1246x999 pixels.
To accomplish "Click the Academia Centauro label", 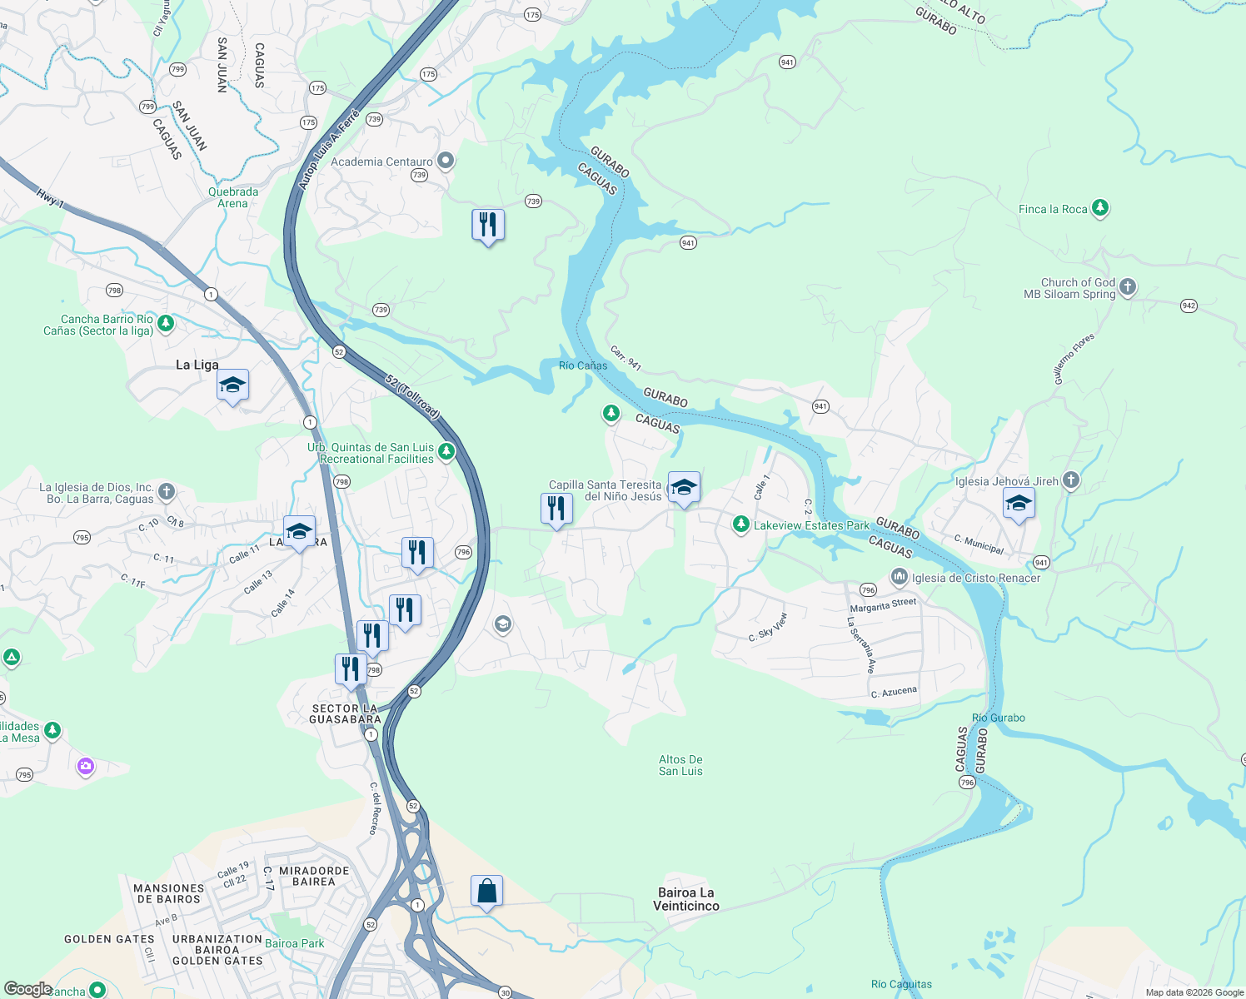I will tap(381, 162).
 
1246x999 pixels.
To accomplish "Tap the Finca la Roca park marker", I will tap(1100, 207).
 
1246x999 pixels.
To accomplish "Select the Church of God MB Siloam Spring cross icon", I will tap(1127, 287).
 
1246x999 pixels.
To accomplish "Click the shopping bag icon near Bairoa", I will tap(486, 892).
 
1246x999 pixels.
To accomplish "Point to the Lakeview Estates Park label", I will tap(811, 525).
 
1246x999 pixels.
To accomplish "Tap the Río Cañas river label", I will tap(583, 365).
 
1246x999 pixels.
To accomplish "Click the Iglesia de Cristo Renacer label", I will tap(975, 578).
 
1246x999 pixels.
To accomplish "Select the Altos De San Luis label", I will tap(680, 765).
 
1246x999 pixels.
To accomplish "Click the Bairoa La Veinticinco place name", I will tap(685, 899).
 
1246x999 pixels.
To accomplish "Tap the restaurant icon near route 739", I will tap(488, 225).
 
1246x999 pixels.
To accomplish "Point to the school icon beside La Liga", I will tap(232, 385).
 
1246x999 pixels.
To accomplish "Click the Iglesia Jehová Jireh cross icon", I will tap(1071, 480).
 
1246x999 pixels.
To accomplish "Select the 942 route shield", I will tap(1189, 306).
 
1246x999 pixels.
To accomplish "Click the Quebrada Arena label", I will tap(233, 197).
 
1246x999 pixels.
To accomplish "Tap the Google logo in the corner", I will tap(27, 989).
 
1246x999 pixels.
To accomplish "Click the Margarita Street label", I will tap(883, 605).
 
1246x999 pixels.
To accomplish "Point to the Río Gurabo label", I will tap(998, 718).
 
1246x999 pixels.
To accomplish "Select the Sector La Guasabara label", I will tap(345, 713).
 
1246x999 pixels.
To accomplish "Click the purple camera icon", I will tap(86, 766).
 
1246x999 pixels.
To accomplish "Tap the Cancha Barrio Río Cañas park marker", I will tap(166, 323).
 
